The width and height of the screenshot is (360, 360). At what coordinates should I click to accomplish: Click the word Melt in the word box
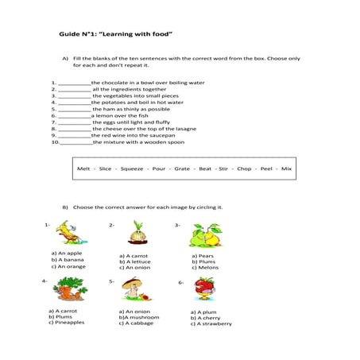(83, 169)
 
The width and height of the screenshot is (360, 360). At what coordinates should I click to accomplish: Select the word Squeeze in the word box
(132, 169)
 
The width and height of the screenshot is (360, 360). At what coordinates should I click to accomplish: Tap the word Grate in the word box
(182, 169)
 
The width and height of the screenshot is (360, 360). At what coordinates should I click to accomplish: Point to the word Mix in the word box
(287, 169)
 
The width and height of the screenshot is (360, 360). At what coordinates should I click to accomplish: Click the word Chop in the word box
(244, 169)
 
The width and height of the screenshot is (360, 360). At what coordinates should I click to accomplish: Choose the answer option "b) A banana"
(68, 260)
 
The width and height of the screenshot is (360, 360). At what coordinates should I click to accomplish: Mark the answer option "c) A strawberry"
(211, 324)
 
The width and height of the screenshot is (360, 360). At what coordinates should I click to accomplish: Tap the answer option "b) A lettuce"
(137, 261)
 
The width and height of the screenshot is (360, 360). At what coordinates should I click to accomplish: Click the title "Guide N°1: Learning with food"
(116, 35)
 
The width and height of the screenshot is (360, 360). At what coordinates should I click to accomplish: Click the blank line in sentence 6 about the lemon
(74, 116)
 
